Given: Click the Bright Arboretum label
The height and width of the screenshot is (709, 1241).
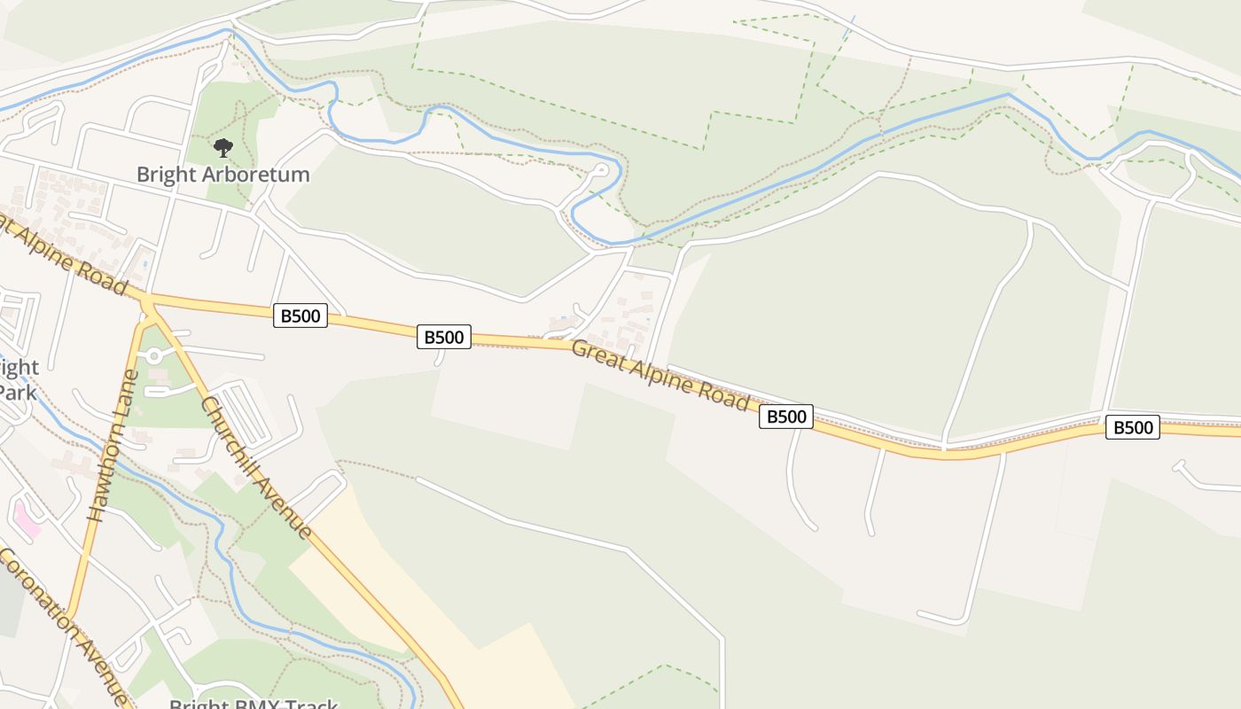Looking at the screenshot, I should coord(223,174).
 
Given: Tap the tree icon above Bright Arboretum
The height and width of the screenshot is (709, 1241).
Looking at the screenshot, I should coord(223,146).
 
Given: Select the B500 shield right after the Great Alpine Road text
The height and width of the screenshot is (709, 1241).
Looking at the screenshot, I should coord(785,417).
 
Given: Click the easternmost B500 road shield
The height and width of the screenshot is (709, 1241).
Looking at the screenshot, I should coord(1132,428).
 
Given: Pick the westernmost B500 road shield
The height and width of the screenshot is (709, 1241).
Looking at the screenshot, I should coord(300,315).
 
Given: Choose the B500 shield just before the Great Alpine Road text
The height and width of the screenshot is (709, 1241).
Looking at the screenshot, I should coord(443,337).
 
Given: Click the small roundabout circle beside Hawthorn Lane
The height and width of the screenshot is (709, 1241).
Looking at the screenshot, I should coord(154,356).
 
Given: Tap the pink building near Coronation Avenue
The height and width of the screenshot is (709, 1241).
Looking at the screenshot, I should coord(26,520).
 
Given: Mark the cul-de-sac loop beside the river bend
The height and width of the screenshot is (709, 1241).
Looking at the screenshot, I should coord(601,168).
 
